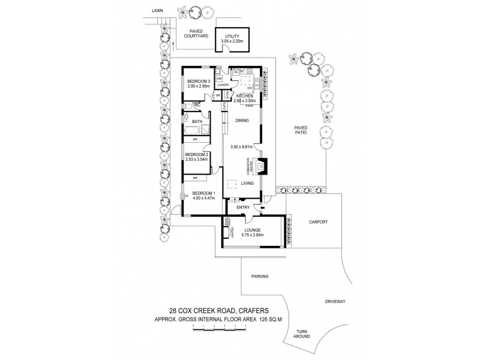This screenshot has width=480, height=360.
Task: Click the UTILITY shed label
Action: tap(232, 37)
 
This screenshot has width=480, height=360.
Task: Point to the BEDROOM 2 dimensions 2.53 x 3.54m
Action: tap(196, 159)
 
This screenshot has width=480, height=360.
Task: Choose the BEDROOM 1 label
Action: tap(203, 193)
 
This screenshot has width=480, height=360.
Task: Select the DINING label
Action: tap(242, 120)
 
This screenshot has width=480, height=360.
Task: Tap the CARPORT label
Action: tap(318, 221)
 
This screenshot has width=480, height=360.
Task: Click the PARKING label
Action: tap(259, 276)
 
